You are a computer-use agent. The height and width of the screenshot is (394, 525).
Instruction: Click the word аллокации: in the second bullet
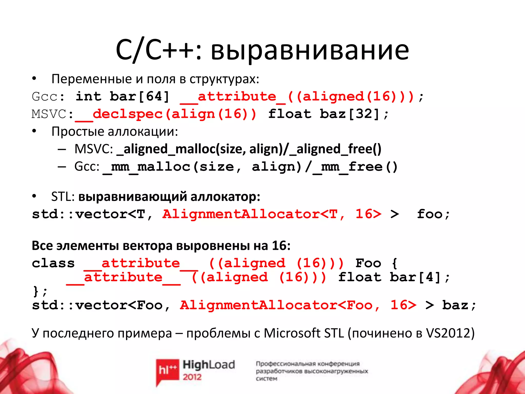point(143,132)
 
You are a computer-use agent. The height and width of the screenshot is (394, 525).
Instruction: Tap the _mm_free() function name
point(355,167)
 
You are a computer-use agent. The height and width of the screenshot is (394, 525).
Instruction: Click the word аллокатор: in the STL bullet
point(225,197)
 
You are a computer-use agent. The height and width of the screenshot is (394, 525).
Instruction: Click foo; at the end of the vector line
point(433,214)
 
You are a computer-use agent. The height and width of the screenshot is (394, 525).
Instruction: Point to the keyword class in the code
point(53,263)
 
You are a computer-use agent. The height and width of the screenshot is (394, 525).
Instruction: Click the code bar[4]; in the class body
point(419,277)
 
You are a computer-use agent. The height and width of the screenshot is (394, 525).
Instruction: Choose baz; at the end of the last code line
point(459,305)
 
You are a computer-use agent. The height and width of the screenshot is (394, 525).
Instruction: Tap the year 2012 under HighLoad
point(192,377)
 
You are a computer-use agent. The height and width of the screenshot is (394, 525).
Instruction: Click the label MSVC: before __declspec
point(52,114)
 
